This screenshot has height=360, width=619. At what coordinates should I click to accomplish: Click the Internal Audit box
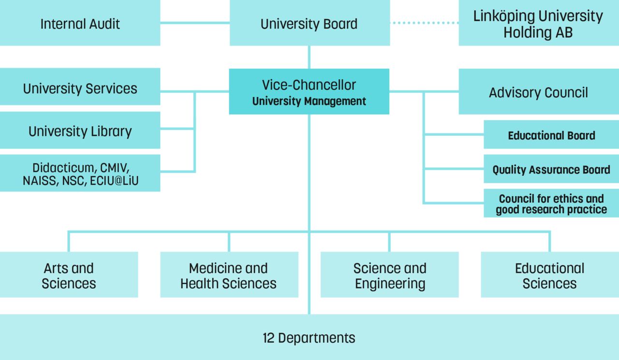pos(80,23)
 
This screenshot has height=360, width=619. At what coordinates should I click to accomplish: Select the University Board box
pos(309,23)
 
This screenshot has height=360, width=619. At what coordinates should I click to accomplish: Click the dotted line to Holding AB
pos(424,22)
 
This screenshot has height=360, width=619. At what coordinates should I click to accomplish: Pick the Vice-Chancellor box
pos(309,85)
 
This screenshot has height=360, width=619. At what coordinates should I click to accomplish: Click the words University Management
pos(309,101)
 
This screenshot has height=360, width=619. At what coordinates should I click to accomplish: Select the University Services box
pos(80,88)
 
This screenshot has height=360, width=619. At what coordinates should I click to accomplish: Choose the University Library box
pos(80,131)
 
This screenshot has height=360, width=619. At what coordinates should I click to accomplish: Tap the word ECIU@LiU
pos(118,181)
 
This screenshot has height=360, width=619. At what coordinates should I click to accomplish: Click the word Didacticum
pos(62,168)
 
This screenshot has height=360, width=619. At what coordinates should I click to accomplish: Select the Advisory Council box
pos(538,92)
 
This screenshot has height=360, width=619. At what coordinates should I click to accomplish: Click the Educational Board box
pos(551,135)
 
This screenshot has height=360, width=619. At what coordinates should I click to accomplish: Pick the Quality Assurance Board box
pos(551,170)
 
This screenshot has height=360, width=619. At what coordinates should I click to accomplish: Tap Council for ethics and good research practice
pos(551,204)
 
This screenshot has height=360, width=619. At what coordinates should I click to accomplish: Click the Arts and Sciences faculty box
pos(69,275)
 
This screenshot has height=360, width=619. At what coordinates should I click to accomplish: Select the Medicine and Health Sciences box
pos(229,275)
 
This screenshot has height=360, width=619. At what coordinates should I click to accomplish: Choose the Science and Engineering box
pos(390,275)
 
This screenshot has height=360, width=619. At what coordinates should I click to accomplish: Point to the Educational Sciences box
pos(549,275)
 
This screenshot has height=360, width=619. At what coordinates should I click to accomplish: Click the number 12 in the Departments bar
pos(268,338)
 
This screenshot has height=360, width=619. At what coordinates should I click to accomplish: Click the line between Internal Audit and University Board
pos(194,22)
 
